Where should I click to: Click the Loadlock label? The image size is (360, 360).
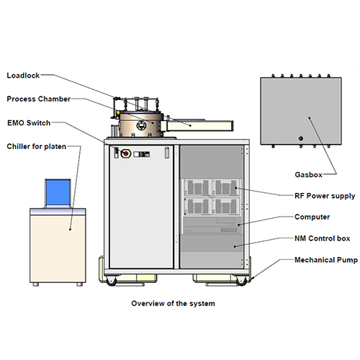click(x=23, y=76)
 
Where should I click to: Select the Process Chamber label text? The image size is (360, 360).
click(x=38, y=99)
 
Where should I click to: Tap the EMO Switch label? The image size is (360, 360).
click(x=29, y=123)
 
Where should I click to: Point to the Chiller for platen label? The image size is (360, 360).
click(x=36, y=146)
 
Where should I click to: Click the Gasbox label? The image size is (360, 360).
click(x=308, y=174)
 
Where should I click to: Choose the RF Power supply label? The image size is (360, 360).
click(x=325, y=196)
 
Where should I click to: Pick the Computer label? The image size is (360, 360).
click(x=312, y=217)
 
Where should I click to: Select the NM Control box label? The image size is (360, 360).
click(x=323, y=238)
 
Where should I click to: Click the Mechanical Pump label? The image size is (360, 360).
click(x=326, y=260)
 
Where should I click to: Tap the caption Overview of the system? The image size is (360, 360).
click(x=173, y=303)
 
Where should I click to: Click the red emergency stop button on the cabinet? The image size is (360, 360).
click(x=125, y=153)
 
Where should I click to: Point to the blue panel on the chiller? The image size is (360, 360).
click(x=58, y=192)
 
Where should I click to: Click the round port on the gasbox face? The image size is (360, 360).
click(x=300, y=138)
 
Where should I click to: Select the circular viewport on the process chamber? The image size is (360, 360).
click(x=141, y=125)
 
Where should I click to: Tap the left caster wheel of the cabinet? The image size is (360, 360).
click(x=111, y=281)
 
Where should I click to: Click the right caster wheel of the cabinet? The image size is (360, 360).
click(x=241, y=281)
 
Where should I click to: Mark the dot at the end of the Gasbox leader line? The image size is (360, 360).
click(x=310, y=118)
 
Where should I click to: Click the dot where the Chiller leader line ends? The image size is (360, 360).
click(x=70, y=230)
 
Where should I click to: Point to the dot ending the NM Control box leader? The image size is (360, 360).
click(x=235, y=246)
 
